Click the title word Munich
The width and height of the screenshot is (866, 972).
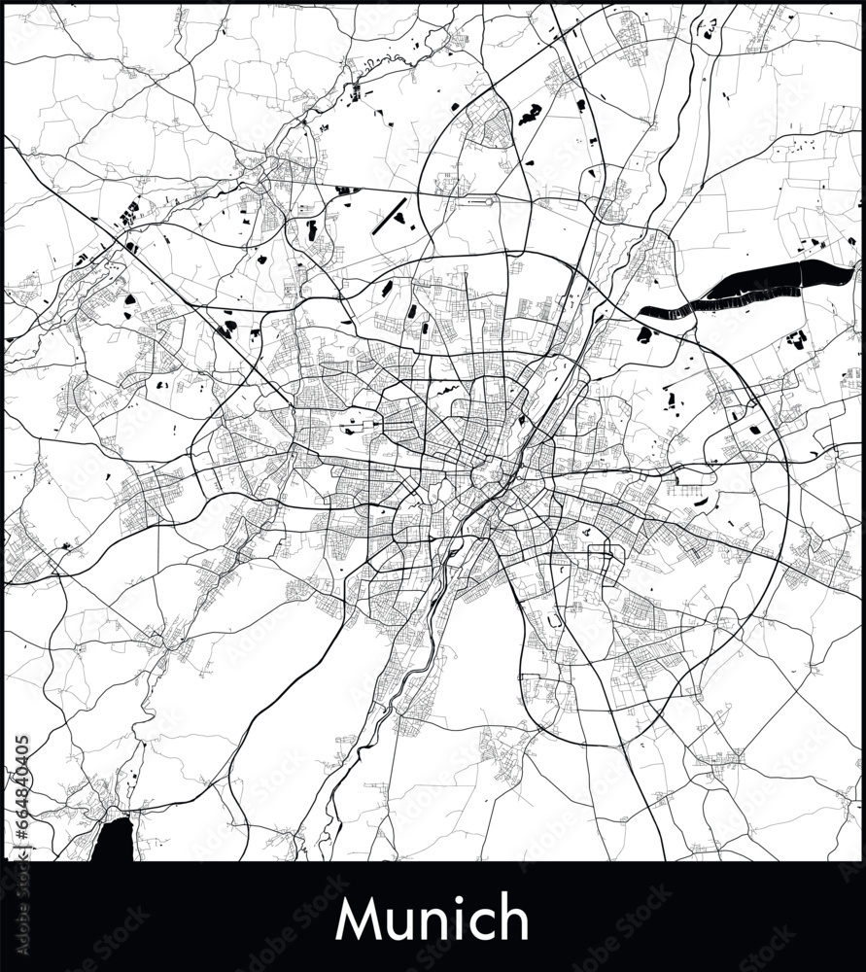click(432, 919)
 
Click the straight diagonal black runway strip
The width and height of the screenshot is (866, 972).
click(389, 216)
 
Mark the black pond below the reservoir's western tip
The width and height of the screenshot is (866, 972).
click(644, 335)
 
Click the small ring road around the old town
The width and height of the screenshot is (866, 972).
click(483, 476)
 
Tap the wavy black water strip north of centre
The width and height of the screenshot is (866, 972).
click(446, 391)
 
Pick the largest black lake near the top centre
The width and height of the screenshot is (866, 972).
click(529, 116)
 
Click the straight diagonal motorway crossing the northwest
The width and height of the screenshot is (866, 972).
click(146, 262)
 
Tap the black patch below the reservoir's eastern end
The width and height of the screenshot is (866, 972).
click(797, 339)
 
